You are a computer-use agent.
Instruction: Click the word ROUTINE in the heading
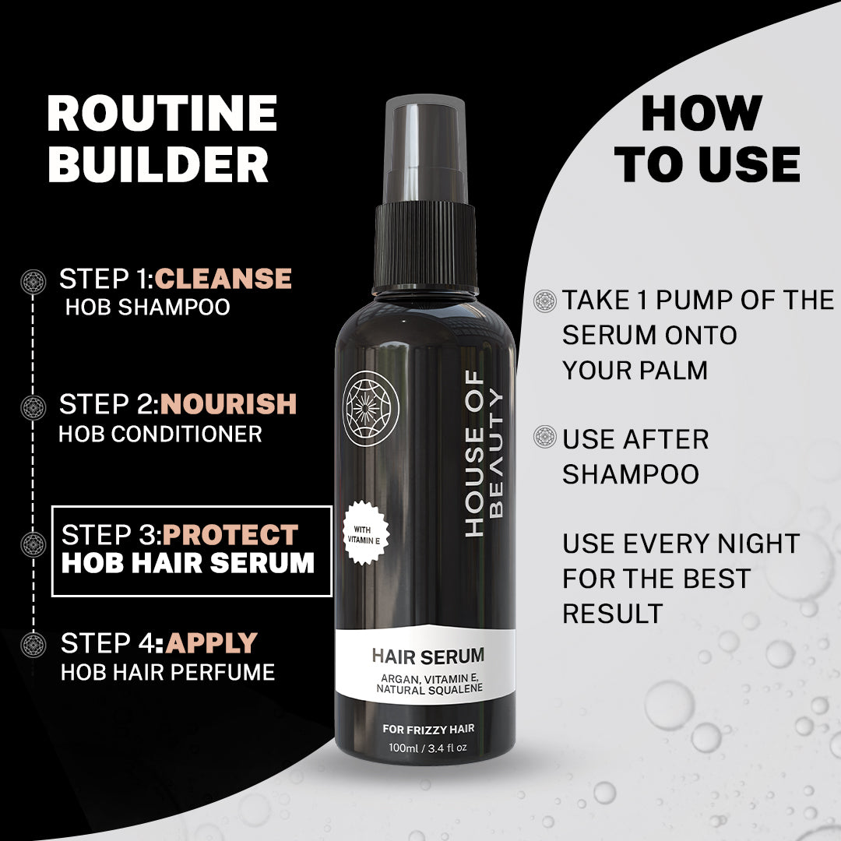click(x=162, y=114)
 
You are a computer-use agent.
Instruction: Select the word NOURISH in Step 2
click(x=229, y=404)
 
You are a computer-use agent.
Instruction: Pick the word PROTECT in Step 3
click(x=230, y=535)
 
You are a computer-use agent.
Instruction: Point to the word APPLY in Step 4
click(x=211, y=643)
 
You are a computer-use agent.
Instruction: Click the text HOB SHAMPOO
click(x=147, y=307)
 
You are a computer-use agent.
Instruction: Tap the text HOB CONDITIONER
click(x=160, y=434)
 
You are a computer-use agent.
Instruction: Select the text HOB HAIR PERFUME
click(x=168, y=672)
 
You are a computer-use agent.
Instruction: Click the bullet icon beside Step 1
click(x=33, y=281)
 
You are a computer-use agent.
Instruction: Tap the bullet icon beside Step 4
click(x=33, y=645)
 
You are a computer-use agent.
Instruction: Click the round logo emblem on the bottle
click(x=371, y=408)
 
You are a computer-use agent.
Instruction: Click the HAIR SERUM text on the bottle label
click(x=428, y=656)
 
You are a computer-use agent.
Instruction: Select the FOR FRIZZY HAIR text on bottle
click(x=428, y=730)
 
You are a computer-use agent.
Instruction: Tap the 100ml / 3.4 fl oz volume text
click(x=428, y=748)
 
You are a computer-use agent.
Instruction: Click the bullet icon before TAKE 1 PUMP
click(x=545, y=301)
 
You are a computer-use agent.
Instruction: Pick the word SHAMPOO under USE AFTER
click(x=631, y=474)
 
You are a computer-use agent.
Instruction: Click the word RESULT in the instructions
click(x=613, y=614)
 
